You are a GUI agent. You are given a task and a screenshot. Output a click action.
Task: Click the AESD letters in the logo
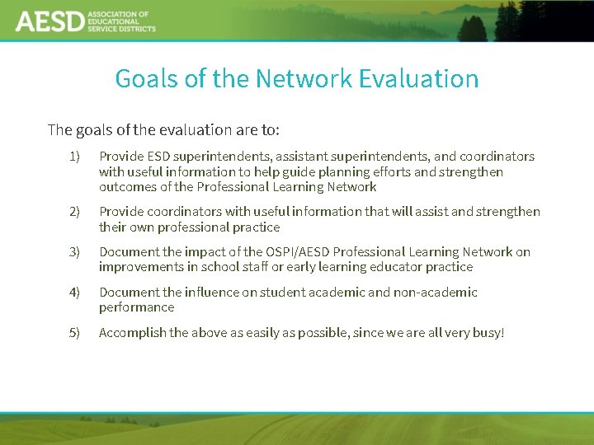(49, 21)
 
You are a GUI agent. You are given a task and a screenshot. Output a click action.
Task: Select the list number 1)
(75, 157)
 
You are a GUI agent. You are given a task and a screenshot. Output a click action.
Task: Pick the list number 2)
(75, 212)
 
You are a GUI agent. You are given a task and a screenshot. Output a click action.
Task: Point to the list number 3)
(75, 252)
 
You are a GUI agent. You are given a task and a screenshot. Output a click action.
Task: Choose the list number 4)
(75, 293)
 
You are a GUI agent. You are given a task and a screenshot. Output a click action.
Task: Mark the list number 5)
(75, 333)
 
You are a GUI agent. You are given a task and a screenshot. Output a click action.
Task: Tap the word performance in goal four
(136, 307)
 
